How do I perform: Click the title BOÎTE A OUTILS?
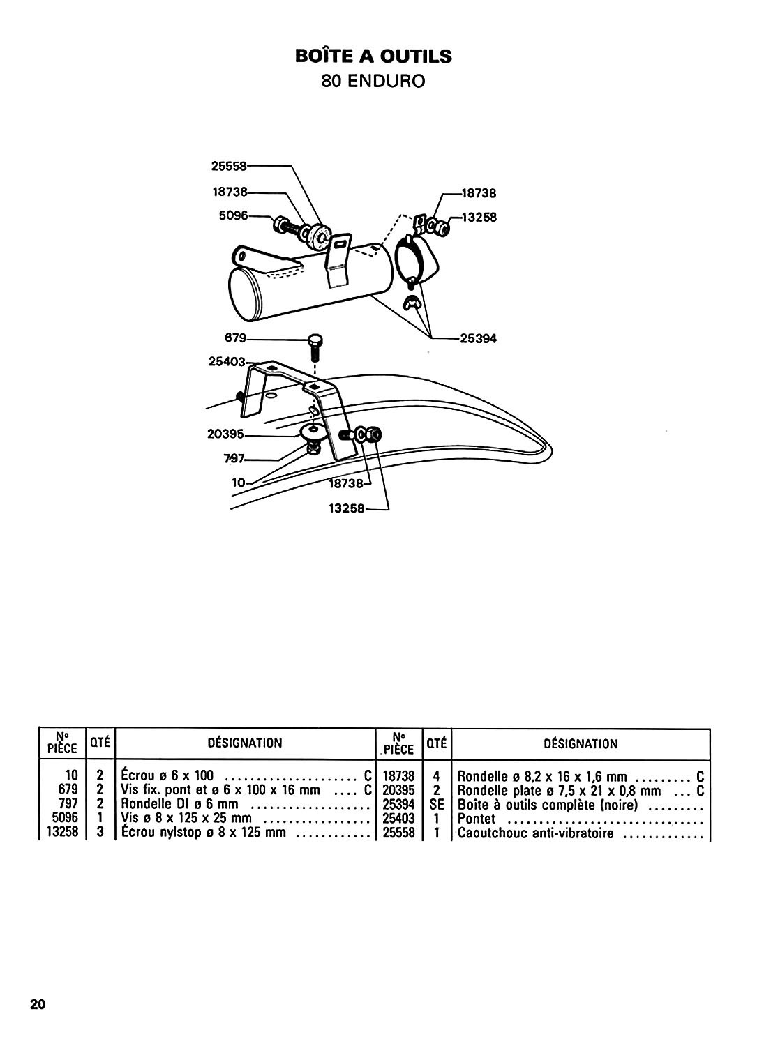coord(373,56)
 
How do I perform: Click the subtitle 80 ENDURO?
coord(373,82)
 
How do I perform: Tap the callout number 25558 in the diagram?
coord(228,166)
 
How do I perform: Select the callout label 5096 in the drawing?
coord(233,215)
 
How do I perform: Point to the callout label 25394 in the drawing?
coord(479,338)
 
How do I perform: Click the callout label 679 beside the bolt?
coord(236,338)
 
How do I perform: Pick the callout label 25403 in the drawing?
coord(227,361)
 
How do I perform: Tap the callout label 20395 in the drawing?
coord(225,434)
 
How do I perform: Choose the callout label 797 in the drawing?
coord(234,459)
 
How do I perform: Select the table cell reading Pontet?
coord(476,819)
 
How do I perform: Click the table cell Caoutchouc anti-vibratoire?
coord(536,833)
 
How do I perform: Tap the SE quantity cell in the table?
coord(437,805)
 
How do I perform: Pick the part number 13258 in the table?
coord(63,832)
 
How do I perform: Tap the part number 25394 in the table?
coord(398,805)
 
